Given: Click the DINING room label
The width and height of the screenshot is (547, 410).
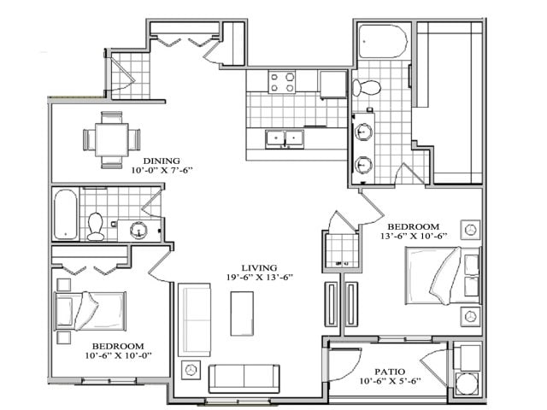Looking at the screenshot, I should (x=161, y=160).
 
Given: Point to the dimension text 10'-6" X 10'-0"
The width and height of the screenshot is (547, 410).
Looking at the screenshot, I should (x=118, y=355).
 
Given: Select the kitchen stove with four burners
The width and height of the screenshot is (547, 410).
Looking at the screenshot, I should (x=282, y=82).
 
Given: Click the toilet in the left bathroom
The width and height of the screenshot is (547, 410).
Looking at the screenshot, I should (x=96, y=225).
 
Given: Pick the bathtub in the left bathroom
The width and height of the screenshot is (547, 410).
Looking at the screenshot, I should (x=65, y=214).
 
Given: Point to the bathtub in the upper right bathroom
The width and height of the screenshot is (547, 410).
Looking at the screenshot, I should (x=385, y=42).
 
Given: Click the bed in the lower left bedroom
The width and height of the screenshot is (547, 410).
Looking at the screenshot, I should (x=91, y=309).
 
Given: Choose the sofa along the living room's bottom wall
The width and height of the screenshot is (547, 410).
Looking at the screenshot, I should (x=244, y=376).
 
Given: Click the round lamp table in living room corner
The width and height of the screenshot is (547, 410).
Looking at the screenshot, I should (x=191, y=372).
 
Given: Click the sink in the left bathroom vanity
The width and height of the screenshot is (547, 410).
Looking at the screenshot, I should (x=139, y=230).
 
